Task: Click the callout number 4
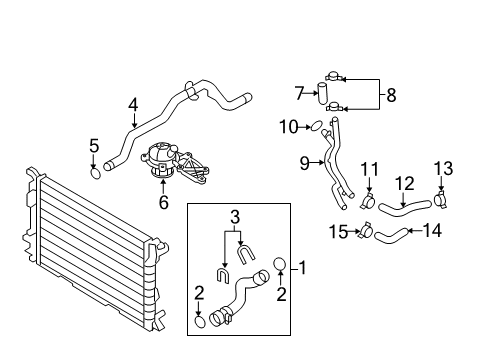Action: (x=133, y=105)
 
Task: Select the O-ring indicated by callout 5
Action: (x=95, y=174)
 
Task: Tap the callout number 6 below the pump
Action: (x=163, y=203)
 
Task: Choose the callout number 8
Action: (x=391, y=95)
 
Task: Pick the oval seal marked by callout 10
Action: (x=316, y=126)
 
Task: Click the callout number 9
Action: (x=305, y=164)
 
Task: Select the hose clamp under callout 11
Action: (x=368, y=201)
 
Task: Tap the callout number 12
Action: (x=405, y=184)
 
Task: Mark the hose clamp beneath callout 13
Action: (x=441, y=199)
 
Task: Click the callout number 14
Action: (x=432, y=231)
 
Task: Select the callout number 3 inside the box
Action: (x=235, y=217)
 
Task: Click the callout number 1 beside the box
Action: (x=303, y=268)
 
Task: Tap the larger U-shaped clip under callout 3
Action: (x=246, y=254)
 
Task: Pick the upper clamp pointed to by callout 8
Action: (x=333, y=76)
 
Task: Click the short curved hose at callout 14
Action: (x=391, y=236)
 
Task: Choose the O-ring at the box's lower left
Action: (x=200, y=321)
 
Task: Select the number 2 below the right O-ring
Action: (x=282, y=294)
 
